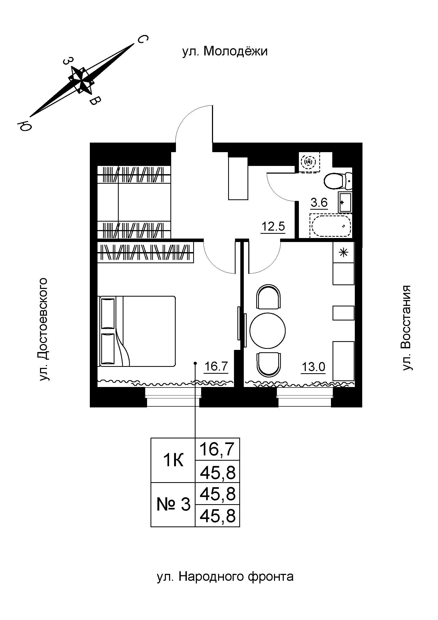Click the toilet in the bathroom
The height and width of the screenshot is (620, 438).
coord(336,182)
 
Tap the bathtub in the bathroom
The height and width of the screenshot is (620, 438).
coord(331,226)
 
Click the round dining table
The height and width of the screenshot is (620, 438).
coord(267,330)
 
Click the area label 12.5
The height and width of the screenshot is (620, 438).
coord(273,226)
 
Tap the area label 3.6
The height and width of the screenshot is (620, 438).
coord(319,202)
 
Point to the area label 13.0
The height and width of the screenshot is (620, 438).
coord(313,367)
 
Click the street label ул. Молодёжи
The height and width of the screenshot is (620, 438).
coord(225,51)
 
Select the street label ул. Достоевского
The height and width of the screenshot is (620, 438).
coord(43,329)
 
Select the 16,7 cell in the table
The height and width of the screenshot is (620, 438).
coord(217,449)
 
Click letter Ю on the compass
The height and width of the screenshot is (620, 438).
coord(24,126)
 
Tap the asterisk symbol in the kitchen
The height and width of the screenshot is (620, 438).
coord(343,253)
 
